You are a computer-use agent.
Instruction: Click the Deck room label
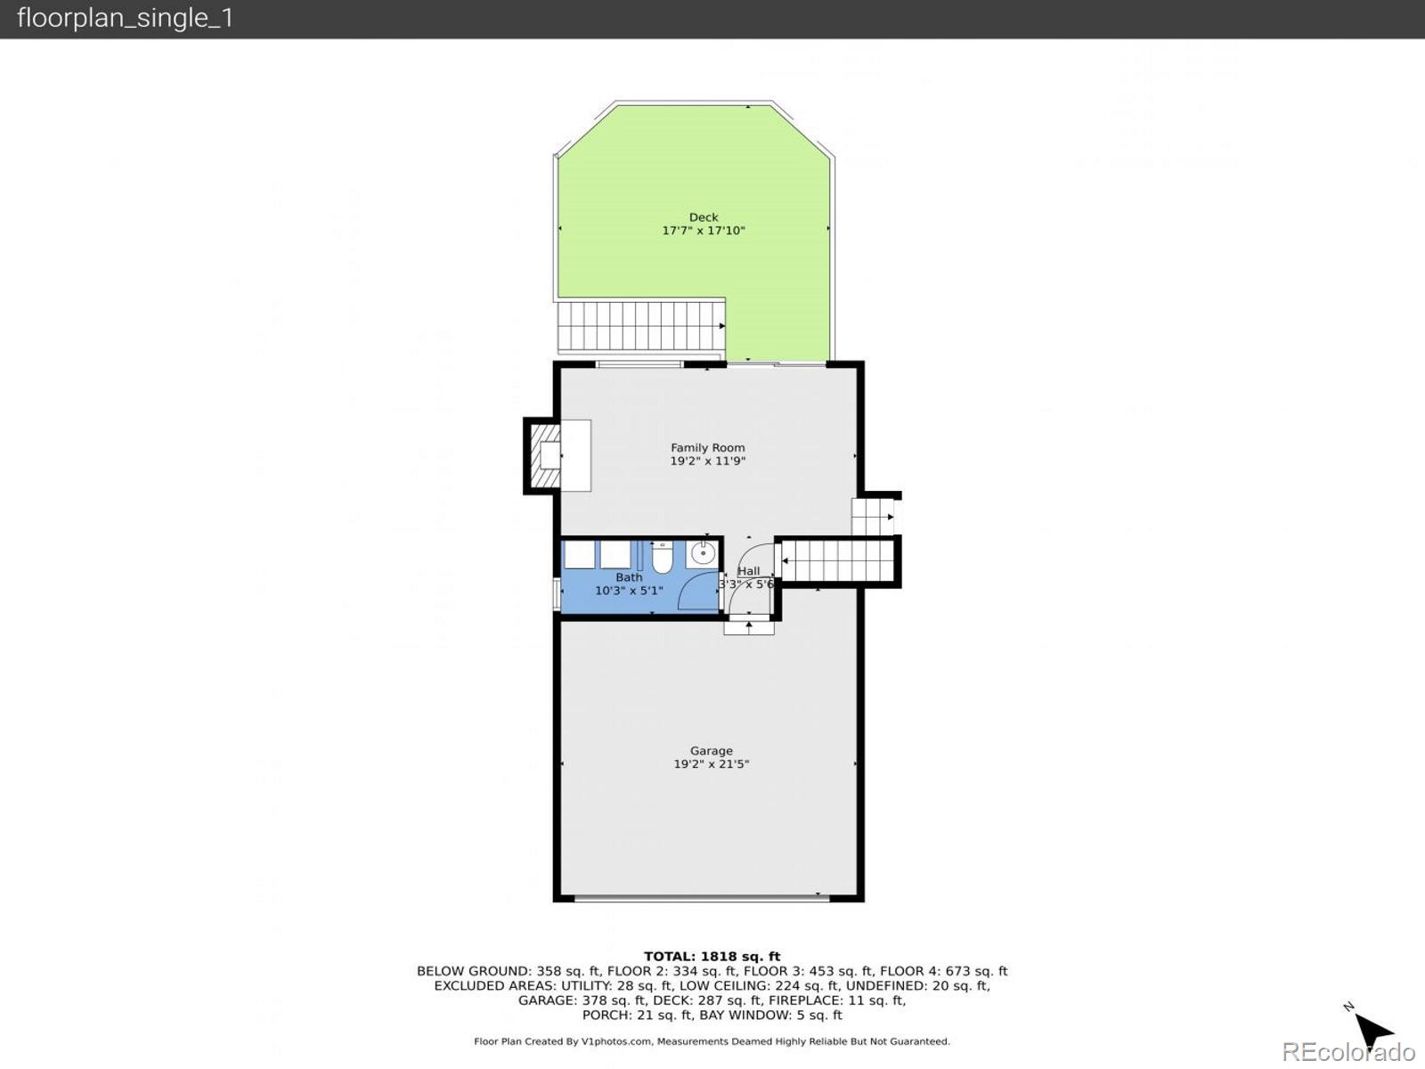[x=703, y=217]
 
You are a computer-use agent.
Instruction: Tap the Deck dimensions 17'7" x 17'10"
[x=703, y=231]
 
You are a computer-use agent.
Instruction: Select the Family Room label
[x=707, y=448]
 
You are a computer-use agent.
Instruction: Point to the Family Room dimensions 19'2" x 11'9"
[x=707, y=461]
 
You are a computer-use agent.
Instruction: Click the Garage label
[x=711, y=751]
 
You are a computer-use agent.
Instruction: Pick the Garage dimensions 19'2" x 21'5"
[x=711, y=764]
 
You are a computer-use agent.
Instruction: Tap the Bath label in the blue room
[x=629, y=577]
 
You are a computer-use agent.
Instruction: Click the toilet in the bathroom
[x=662, y=558]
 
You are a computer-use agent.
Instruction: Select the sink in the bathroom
[x=703, y=554]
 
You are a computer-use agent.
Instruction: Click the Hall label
[x=748, y=571]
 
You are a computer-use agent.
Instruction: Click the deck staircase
[x=640, y=326]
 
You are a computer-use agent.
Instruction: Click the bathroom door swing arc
[x=698, y=592]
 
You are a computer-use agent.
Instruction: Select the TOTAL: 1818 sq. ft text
[x=712, y=957]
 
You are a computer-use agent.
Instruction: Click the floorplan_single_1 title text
[x=125, y=18]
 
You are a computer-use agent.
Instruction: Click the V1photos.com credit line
[x=712, y=1041]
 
